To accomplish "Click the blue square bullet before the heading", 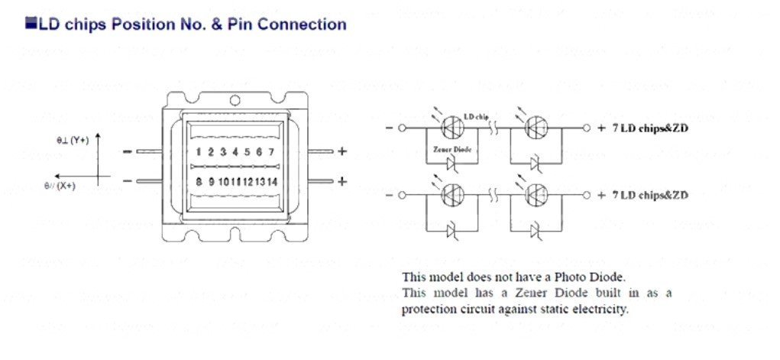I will [31, 24].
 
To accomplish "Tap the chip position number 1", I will [199, 151].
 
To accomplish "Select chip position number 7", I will [270, 151].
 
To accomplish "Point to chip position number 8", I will [199, 182].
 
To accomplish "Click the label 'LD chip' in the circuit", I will [476, 116].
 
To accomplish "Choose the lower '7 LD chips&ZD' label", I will [649, 196].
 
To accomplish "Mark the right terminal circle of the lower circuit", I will [587, 196].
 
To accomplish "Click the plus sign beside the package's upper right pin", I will [342, 151].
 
